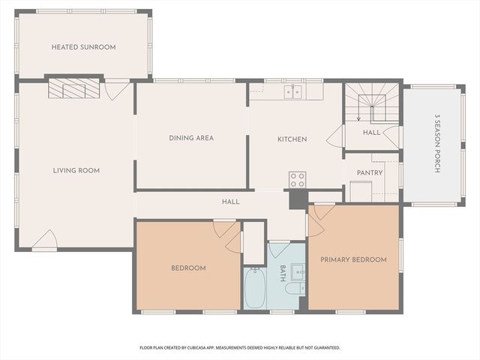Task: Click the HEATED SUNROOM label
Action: pos(83,47)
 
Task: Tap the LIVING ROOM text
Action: pos(76,170)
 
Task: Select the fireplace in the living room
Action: pos(74,89)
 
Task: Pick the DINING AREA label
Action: pos(190,138)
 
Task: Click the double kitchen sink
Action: pos(292,92)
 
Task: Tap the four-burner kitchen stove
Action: pos(297,180)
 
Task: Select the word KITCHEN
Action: pos(292,139)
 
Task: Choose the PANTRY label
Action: pos(370,172)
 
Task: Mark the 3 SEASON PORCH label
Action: pos(437,143)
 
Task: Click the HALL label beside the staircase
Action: pos(371,133)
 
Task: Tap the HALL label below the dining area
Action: pos(230,201)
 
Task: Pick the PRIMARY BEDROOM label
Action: pos(353,259)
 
